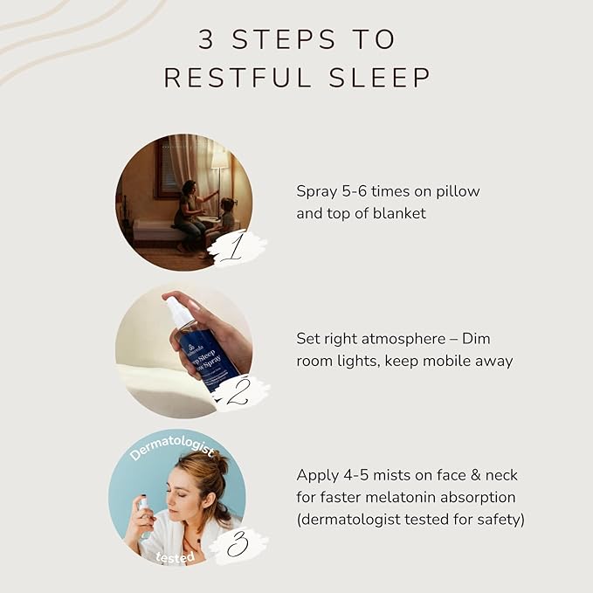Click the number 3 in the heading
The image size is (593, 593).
tap(206, 39)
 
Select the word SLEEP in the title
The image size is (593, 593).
tap(384, 78)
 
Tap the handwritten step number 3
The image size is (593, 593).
tap(235, 545)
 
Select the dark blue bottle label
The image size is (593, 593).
tap(207, 354)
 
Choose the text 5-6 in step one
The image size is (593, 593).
tap(355, 191)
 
